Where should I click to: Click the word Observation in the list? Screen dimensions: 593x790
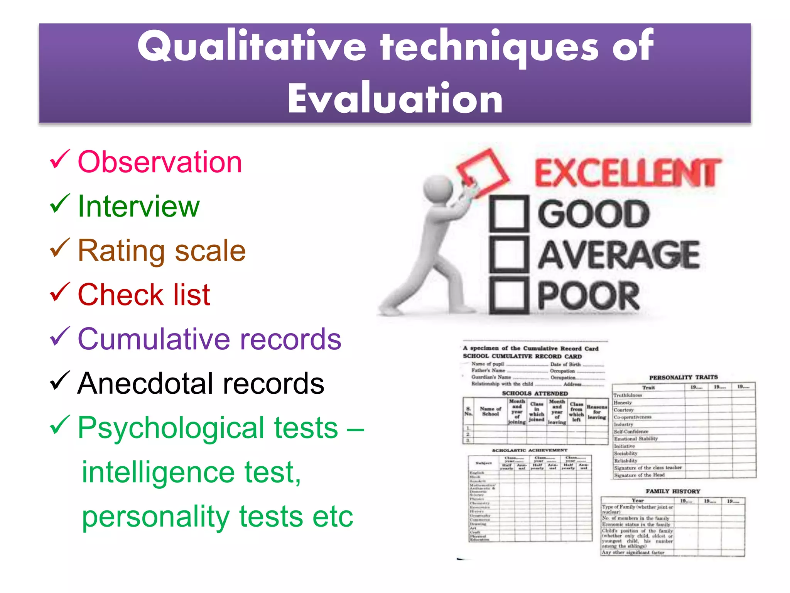(160, 162)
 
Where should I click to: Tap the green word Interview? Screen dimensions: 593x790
(138, 207)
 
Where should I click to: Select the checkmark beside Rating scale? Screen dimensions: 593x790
(60, 248)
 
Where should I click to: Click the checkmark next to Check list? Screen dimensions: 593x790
(60, 292)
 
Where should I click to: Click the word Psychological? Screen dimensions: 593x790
(208, 428)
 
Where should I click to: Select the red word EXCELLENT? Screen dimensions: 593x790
(627, 173)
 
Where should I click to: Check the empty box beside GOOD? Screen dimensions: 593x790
(509, 214)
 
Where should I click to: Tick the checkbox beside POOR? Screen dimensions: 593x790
(509, 295)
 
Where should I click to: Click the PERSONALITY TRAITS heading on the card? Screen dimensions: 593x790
(683, 377)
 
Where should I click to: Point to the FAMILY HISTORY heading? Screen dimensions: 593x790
(673, 491)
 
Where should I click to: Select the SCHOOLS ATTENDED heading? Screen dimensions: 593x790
(535, 393)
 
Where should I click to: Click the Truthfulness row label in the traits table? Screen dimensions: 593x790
(628, 395)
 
